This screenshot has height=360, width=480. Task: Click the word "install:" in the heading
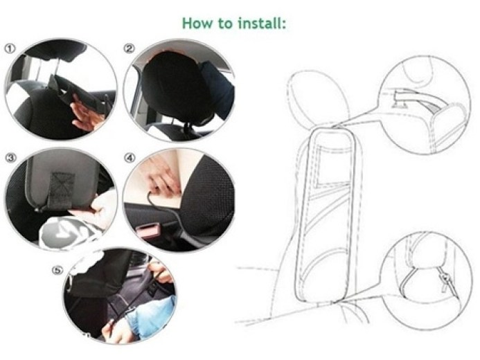tap(262, 23)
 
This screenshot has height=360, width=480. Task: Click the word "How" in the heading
tap(197, 23)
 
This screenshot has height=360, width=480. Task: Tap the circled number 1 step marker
tap(10, 48)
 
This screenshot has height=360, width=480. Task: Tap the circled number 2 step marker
tap(130, 48)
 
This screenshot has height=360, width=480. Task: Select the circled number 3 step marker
tap(10, 158)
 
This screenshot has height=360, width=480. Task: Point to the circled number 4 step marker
tap(130, 158)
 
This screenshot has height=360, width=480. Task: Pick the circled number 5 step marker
tap(57, 271)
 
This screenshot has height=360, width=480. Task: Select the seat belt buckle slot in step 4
tap(147, 229)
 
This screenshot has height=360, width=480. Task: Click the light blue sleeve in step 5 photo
tap(150, 318)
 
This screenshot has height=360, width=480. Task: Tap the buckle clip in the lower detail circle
tap(445, 279)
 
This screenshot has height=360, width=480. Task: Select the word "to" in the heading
tap(225, 23)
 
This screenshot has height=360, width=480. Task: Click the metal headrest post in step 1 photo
tap(56, 68)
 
